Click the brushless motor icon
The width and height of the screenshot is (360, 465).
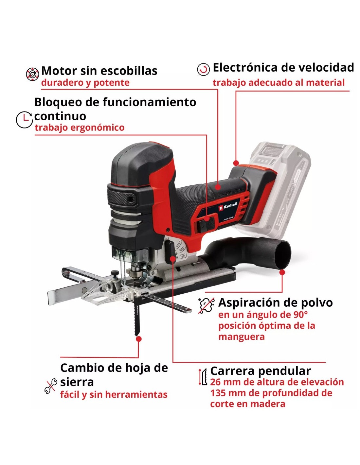[32, 74]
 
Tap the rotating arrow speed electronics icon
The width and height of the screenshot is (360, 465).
[203, 69]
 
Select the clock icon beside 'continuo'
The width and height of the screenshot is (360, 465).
[24, 119]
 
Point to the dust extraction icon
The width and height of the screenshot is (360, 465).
[206, 305]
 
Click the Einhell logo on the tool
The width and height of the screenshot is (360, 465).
[228, 206]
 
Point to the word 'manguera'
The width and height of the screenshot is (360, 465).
[242, 337]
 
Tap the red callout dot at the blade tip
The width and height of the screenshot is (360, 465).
[139, 339]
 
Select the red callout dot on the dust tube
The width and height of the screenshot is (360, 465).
[282, 272]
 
